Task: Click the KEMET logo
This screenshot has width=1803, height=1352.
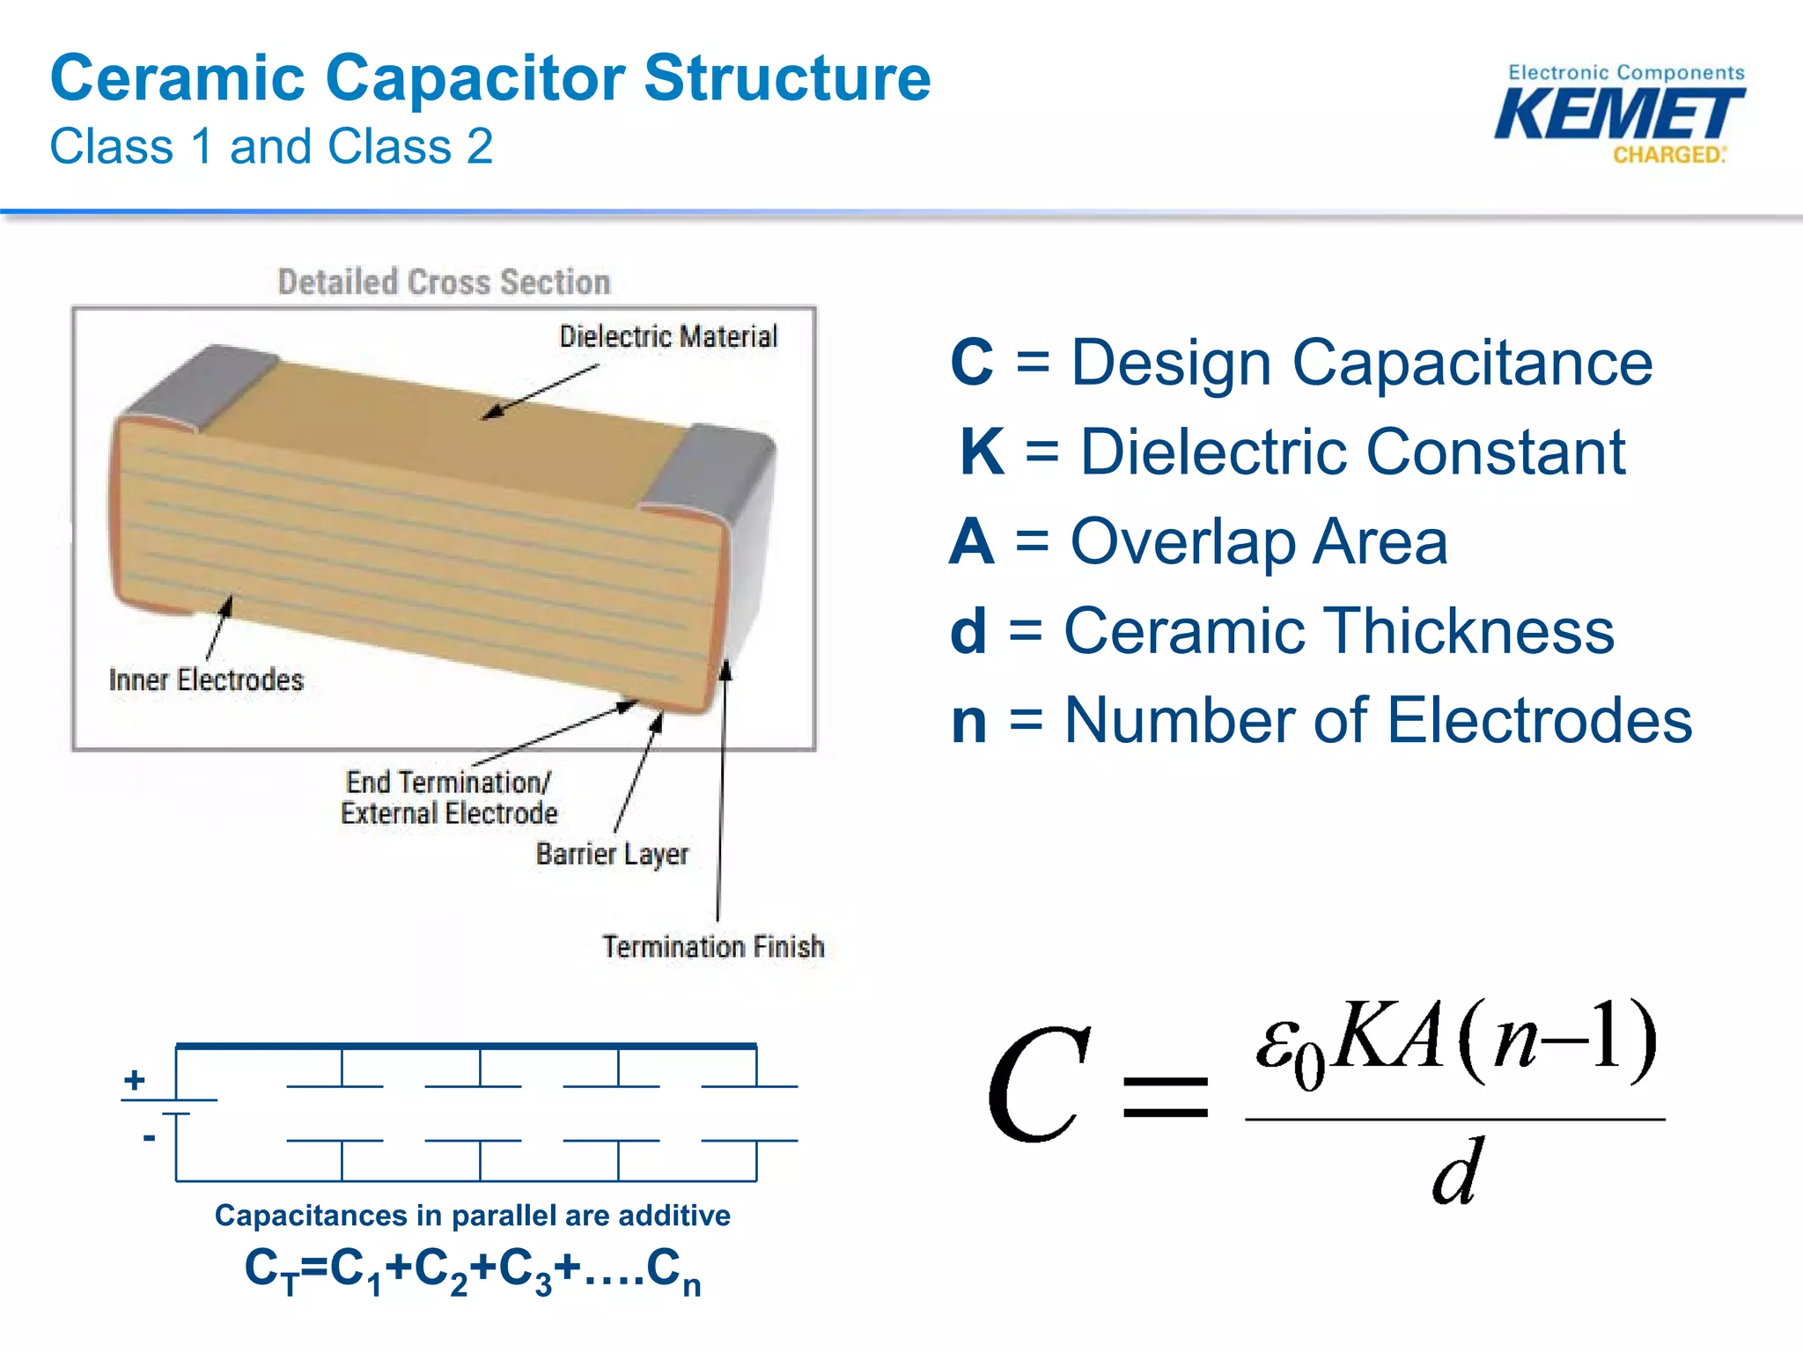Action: pos(1620,115)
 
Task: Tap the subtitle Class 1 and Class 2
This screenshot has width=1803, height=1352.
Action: pos(271,146)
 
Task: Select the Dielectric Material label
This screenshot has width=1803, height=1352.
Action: pos(668,336)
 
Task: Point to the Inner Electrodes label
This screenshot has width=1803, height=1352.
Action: pos(206,680)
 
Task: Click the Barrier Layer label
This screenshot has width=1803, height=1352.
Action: pos(612,854)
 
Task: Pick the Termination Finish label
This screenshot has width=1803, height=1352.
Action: pos(713,947)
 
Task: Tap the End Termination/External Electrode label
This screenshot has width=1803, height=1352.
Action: pos(449,797)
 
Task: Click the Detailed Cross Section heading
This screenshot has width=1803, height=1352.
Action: pos(444,283)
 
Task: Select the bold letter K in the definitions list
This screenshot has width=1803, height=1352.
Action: pos(982,452)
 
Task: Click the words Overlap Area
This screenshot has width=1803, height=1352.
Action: pos(1258,542)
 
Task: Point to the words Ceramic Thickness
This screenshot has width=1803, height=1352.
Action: pos(1339,631)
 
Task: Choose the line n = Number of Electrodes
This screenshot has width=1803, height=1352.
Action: pos(1321,721)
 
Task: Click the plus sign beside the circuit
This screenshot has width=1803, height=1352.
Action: pos(135,1079)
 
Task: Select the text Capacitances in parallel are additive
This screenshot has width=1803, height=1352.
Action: pos(473,1216)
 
